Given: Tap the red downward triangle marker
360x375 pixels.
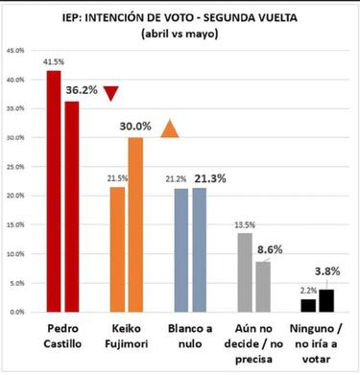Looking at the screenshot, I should [111, 92].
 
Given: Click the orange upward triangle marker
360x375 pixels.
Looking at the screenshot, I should [170, 129].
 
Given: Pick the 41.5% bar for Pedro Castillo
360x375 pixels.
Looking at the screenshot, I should [54, 192].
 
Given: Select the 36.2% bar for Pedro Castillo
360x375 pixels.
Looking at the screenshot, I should [71, 206].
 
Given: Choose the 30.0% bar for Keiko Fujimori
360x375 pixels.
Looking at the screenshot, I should [134, 224].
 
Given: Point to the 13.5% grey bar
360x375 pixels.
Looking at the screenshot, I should [244, 272].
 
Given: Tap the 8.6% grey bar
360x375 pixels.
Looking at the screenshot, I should [262, 287].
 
